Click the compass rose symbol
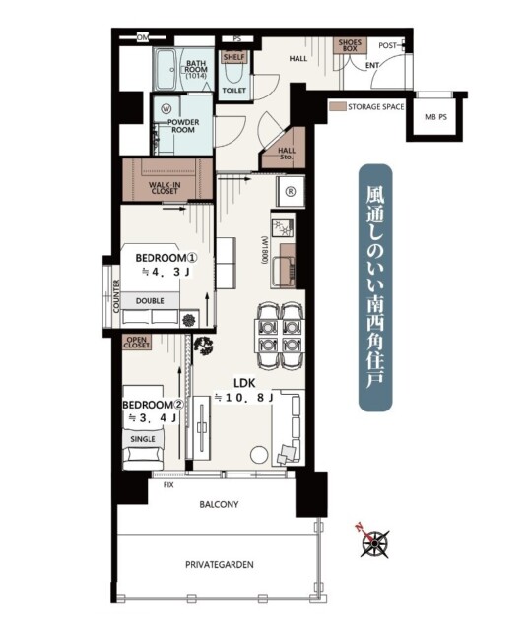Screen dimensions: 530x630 (374, 543)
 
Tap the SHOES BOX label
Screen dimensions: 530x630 (350, 45)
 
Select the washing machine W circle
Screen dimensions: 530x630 (166, 108)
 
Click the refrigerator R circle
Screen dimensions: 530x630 (290, 192)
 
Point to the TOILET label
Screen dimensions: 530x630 (234, 91)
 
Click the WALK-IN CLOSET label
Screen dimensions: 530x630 (165, 188)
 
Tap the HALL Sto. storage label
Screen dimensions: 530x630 (287, 154)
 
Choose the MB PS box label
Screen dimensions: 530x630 (435, 118)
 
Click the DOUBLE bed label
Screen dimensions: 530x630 (150, 301)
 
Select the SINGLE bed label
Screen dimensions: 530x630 (143, 440)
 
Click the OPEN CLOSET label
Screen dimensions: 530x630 (137, 343)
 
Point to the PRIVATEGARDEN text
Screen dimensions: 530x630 (219, 564)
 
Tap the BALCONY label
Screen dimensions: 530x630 (219, 504)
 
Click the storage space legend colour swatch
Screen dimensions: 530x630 (337, 107)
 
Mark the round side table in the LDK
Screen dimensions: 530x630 (259, 455)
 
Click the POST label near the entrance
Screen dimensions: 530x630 (387, 46)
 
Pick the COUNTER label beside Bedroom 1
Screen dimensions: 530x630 (116, 296)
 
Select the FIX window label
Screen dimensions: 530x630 (168, 485)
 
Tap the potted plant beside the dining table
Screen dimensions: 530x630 (204, 346)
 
